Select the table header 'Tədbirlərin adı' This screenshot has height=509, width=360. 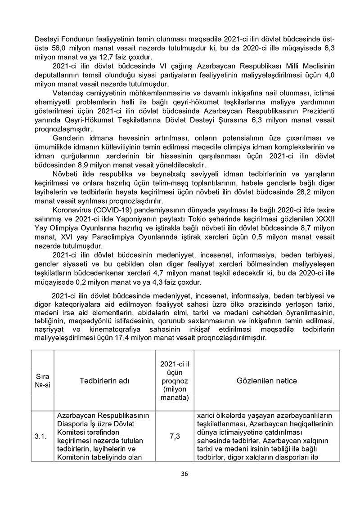(104, 381)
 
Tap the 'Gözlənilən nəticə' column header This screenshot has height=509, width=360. (267, 381)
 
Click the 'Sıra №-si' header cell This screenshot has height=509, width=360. (43, 381)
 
